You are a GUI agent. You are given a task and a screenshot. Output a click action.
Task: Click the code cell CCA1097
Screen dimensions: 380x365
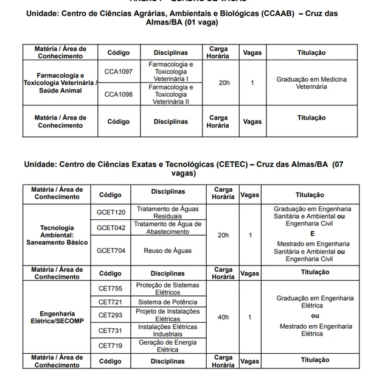118,71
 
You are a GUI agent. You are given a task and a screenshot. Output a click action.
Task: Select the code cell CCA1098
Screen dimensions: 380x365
118,94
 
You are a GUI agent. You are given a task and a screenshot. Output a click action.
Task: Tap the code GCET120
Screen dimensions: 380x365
111,212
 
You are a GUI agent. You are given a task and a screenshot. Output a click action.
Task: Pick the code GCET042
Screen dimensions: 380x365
111,228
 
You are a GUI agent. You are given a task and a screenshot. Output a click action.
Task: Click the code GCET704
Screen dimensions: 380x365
111,250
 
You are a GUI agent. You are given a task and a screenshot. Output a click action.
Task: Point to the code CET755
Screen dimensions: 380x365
110,288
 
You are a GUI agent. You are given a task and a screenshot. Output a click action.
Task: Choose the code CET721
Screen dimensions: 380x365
110,302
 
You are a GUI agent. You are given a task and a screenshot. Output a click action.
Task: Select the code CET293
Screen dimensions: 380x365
110,315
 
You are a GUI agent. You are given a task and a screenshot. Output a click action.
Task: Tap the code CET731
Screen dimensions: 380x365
110,331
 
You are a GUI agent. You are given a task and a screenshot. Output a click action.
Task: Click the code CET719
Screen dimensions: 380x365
110,345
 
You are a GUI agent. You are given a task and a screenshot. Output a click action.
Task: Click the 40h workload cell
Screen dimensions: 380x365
223,317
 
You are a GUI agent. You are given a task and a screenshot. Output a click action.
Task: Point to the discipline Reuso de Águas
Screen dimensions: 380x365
167,250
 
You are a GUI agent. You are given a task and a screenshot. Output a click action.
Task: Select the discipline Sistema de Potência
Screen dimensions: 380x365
167,302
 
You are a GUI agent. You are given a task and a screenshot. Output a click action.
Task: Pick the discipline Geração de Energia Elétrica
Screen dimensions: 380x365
167,346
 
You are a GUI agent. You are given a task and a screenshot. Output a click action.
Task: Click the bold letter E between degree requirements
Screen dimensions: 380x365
312,233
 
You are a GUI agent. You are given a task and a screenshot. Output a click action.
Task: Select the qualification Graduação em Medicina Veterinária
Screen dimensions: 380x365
311,83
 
